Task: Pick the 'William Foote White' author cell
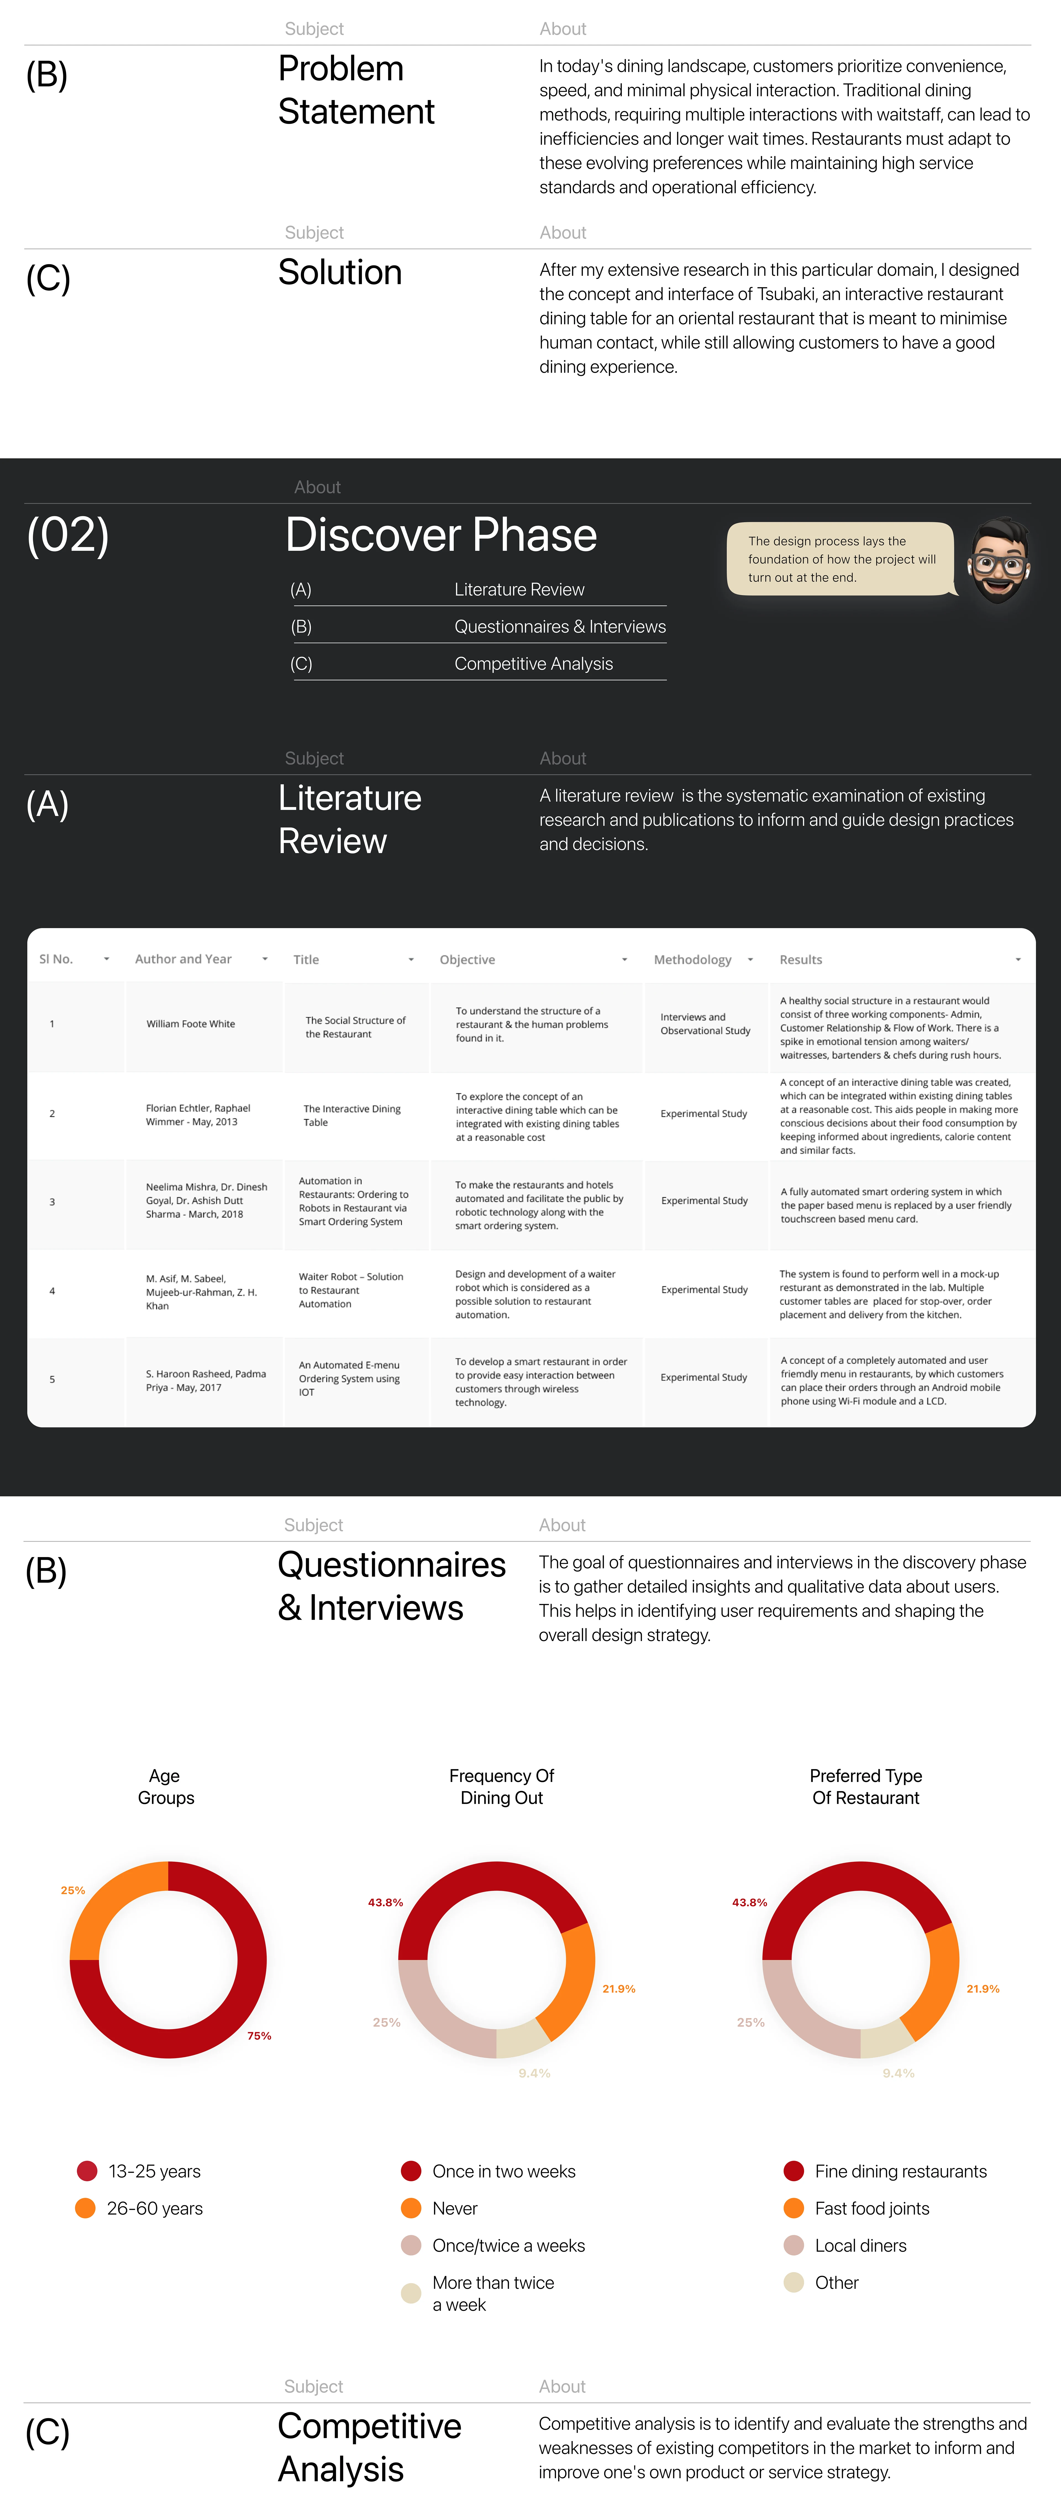(x=191, y=1024)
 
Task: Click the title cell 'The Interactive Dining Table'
(x=351, y=1115)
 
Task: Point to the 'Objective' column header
(x=467, y=960)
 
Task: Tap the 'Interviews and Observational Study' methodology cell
(x=705, y=1024)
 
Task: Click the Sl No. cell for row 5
(x=52, y=1379)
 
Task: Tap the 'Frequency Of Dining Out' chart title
(x=501, y=1787)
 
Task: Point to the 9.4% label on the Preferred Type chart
(x=897, y=2073)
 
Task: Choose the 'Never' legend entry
(x=455, y=2208)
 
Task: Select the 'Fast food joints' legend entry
(x=871, y=2208)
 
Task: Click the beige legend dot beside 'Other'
(x=793, y=2282)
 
